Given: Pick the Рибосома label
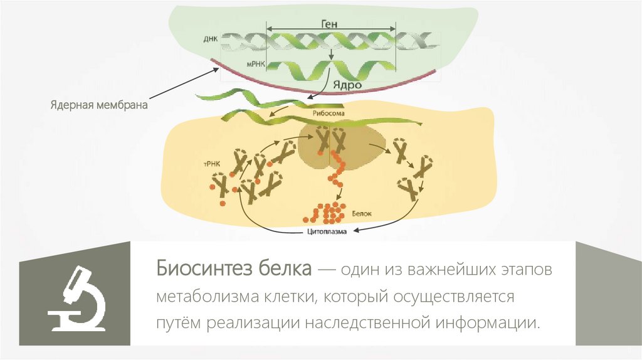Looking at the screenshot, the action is coord(328,114).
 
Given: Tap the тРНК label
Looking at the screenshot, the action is coord(209,162).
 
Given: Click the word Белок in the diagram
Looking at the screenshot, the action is coord(362,213).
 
